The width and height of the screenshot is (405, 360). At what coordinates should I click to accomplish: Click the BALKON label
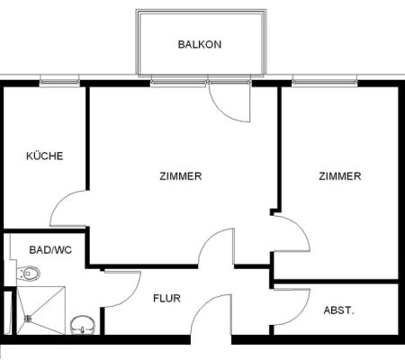coord(200,44)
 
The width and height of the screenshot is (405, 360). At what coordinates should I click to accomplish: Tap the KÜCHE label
coord(45,156)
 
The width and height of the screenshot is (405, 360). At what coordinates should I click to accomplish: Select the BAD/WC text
coord(50,249)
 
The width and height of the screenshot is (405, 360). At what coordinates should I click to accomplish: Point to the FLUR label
coord(166,298)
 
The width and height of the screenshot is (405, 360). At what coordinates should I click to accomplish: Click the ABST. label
coord(339,310)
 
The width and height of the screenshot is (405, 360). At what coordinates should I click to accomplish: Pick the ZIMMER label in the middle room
coord(181,176)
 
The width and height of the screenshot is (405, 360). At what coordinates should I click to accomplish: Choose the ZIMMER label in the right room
coord(340,175)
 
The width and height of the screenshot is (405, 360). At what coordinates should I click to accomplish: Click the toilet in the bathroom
coord(29,274)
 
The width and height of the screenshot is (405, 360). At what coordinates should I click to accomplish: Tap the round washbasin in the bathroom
coord(83,325)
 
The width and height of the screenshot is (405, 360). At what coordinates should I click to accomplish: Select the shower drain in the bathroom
coord(28,319)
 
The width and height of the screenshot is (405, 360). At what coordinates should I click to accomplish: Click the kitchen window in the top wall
coord(59,82)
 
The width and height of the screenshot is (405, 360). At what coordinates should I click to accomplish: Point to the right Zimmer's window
coord(325,82)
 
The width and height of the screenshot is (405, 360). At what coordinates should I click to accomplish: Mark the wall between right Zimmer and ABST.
coord(336,282)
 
